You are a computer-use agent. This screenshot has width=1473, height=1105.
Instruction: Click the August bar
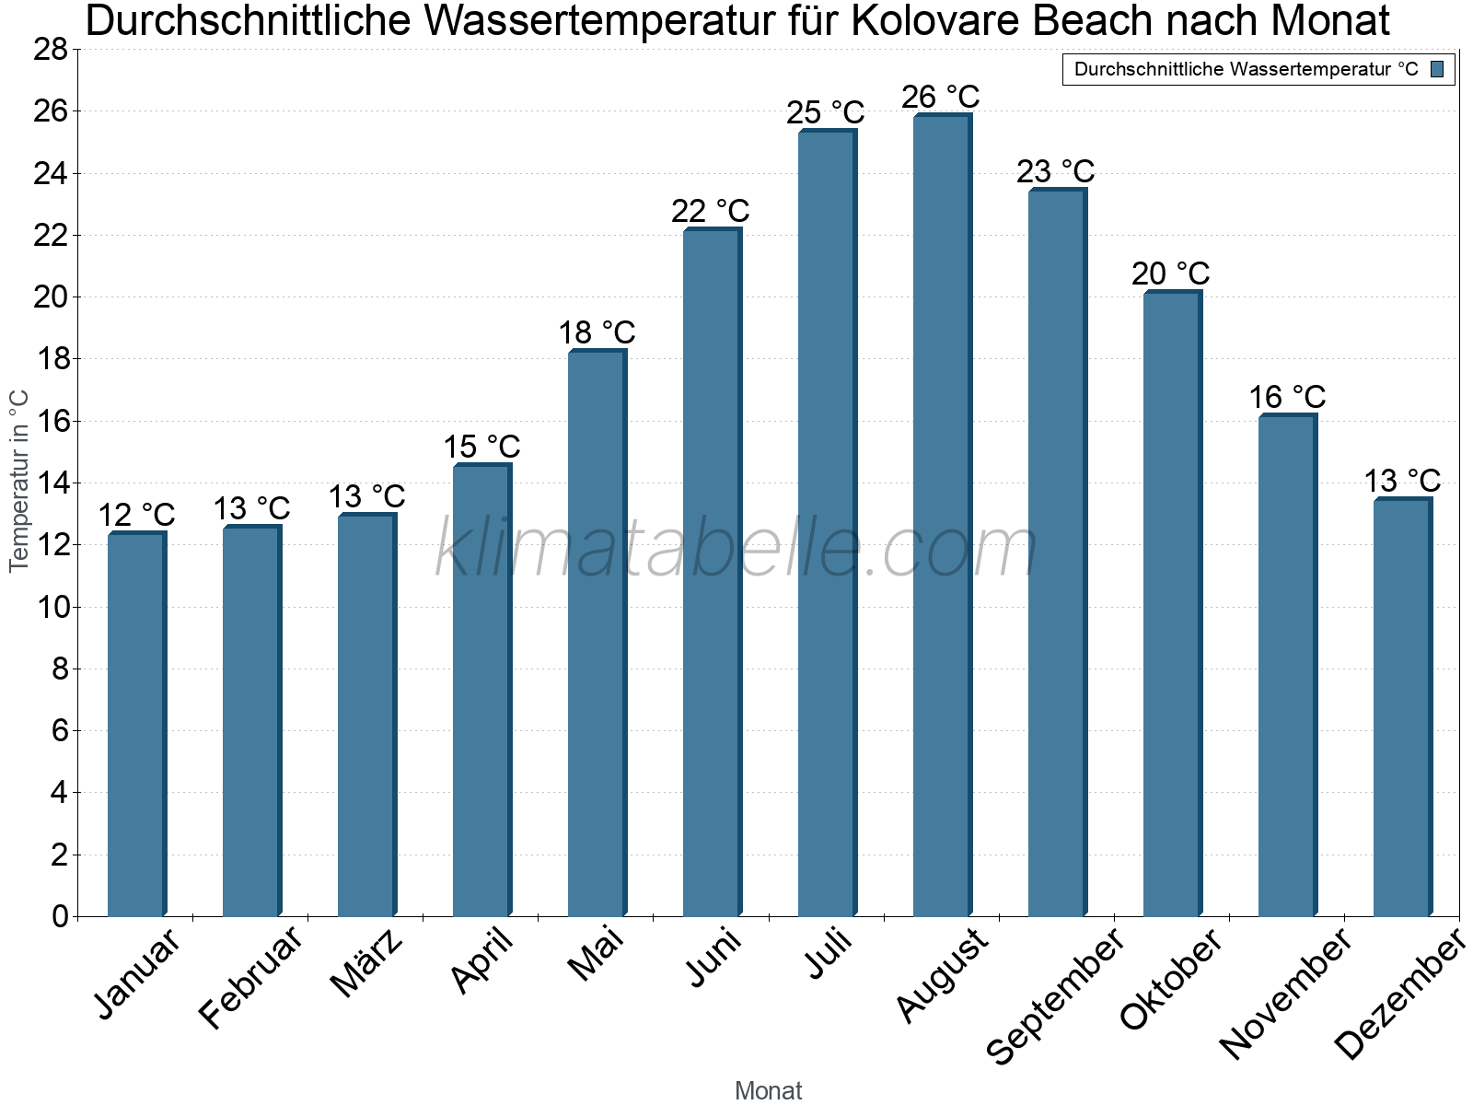(x=942, y=516)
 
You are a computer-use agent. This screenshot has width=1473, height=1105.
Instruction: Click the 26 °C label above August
(x=940, y=97)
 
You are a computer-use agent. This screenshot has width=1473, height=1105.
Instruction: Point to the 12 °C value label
(x=136, y=515)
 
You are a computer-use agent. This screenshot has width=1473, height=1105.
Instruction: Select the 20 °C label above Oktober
(x=1170, y=273)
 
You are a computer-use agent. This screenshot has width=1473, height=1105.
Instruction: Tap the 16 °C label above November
(x=1286, y=397)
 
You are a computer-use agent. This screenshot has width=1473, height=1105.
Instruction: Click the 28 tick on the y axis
(x=51, y=50)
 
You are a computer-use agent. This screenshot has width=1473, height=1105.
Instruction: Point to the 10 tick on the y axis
(x=51, y=607)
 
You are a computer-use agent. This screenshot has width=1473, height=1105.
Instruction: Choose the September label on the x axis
(x=1055, y=994)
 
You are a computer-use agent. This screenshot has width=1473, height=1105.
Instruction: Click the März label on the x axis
(x=366, y=963)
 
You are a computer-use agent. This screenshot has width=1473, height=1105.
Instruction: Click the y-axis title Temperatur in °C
(x=18, y=481)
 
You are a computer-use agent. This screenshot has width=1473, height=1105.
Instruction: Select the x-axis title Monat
(x=768, y=1090)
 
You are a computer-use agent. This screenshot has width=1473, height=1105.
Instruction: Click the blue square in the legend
(x=1437, y=69)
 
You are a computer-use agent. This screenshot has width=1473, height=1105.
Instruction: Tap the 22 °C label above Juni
(x=710, y=211)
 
